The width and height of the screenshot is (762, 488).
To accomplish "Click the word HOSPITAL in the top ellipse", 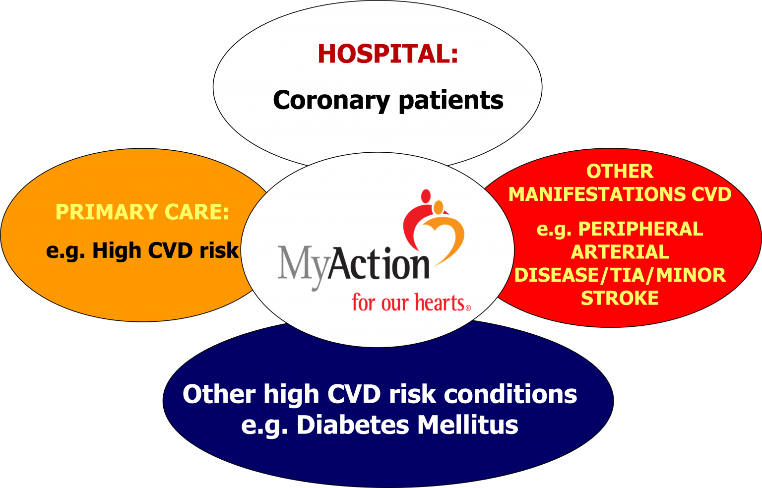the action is (384, 54).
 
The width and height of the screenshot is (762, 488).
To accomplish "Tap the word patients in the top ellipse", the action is (451, 100).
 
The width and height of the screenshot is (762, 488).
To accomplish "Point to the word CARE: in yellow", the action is (197, 212).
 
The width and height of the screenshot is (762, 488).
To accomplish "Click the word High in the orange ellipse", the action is (117, 251).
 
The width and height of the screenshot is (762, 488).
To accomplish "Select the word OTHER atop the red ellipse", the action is (620, 171).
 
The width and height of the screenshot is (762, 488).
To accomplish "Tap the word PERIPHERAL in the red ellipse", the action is (640, 229).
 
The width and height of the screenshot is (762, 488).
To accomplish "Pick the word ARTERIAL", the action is (620, 252).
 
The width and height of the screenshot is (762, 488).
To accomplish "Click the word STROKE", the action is (620, 298).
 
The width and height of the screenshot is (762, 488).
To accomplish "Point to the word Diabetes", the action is (353, 425).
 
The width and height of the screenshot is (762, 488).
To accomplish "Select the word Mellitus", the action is (468, 425).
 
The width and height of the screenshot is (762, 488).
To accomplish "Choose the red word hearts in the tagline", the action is (440, 303).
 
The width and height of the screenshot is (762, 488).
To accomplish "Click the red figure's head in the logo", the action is (426, 196).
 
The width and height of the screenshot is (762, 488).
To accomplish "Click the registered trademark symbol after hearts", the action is (468, 308).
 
